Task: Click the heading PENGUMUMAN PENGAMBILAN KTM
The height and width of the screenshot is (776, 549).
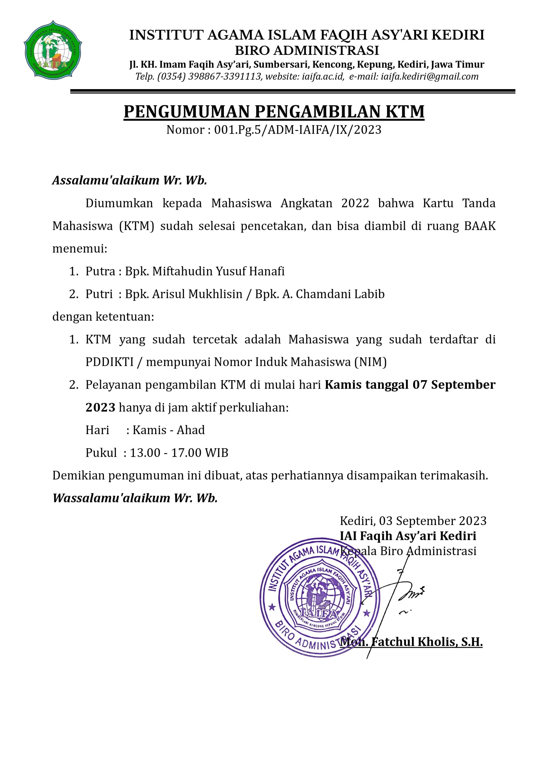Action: click(274, 112)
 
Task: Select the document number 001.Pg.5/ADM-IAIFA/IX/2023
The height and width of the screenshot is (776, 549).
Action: click(298, 130)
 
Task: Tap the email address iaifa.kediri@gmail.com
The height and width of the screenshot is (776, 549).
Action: click(429, 77)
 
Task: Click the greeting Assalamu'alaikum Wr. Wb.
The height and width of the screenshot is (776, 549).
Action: click(129, 181)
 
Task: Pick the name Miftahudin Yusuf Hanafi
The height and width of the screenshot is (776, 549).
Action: click(218, 271)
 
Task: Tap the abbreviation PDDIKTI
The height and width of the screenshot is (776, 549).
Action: click(110, 362)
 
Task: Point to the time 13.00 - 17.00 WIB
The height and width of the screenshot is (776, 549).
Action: click(179, 453)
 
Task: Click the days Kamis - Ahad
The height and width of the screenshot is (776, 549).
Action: click(169, 430)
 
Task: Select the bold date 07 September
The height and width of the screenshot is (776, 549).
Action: click(454, 385)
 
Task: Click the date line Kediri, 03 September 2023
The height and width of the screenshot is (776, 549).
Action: click(413, 521)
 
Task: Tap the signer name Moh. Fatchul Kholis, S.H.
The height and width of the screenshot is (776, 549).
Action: click(411, 642)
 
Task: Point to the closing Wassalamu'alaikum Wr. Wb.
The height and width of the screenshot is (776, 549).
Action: click(135, 498)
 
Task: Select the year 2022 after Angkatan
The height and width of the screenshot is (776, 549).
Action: click(355, 203)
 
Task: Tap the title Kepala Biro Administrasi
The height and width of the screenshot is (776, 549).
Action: click(408, 551)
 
